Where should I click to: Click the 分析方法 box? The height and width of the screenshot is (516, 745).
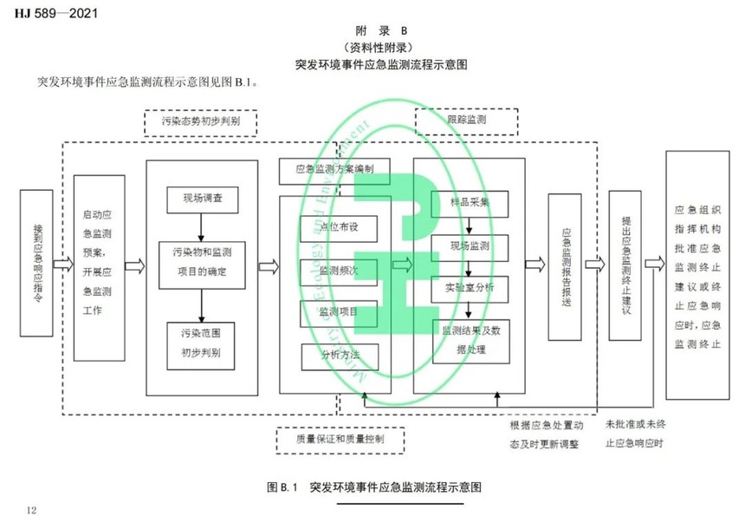click(340, 355)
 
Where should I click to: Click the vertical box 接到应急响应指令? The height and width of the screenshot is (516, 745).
click(38, 262)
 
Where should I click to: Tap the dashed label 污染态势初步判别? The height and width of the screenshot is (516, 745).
click(200, 123)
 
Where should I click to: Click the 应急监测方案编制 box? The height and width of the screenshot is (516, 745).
click(334, 170)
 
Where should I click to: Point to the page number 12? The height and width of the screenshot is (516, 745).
click(32, 508)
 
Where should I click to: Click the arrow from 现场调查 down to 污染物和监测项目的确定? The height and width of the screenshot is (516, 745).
click(200, 227)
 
